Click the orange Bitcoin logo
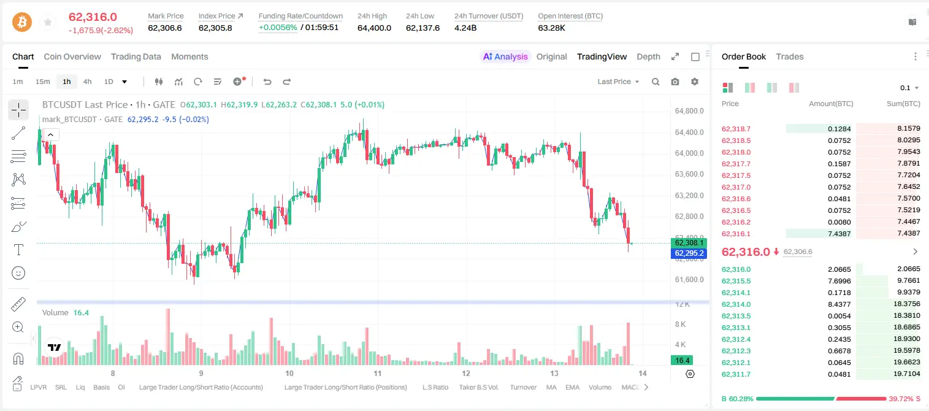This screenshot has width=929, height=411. coord(22,22)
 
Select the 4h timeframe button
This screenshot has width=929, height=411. coord(87,82)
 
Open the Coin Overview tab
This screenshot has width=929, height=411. coord(72,56)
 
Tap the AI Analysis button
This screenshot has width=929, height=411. coord(505,56)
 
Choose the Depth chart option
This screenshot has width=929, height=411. coord(648,56)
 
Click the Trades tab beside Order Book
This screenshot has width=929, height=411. coord(790,56)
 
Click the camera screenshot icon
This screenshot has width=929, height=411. coord(675,82)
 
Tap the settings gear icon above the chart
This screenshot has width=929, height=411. coord(695,82)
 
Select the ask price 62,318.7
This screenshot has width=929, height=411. coord(736,129)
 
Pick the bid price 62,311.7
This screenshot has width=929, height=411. coord(736,374)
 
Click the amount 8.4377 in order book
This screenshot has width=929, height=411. coord(839,304)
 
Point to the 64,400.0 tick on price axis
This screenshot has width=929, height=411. coord(689,133)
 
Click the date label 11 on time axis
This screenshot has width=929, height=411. coord(377,373)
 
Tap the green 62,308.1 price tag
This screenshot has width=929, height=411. coord(689,243)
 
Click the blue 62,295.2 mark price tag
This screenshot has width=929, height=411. coord(689,253)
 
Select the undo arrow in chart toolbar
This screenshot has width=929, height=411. coord(267,82)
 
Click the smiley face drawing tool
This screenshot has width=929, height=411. coord(18,273)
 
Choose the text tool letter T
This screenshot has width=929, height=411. coord(18,250)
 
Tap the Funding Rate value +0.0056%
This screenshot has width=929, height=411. coord(278,28)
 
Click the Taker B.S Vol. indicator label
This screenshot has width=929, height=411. coord(478,387)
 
